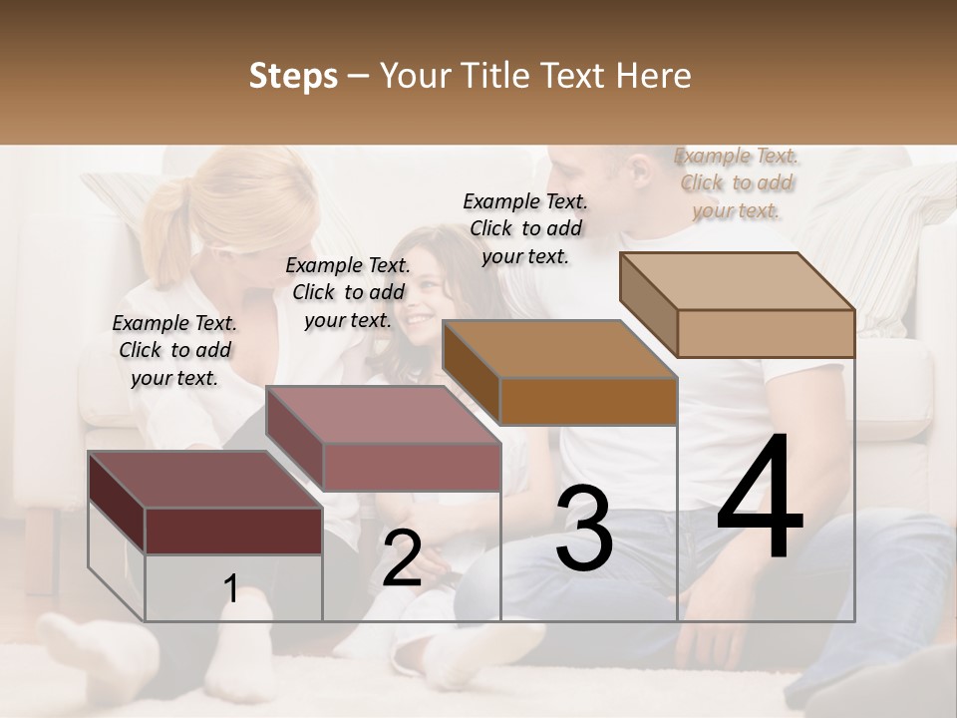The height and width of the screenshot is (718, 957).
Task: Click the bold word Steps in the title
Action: (292, 76)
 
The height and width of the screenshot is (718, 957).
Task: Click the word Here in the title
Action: (651, 76)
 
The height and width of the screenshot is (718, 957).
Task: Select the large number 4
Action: (760, 499)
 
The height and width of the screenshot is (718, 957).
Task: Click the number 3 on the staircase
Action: (584, 530)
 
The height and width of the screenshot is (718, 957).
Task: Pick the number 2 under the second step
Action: (402, 559)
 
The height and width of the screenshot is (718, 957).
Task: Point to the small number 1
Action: (231, 589)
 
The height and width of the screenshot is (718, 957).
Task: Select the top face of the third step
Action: (559, 349)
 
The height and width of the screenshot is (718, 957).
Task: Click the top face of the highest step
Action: (737, 281)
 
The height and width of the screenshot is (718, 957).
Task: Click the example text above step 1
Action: (174, 350)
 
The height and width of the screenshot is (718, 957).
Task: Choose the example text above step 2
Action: (348, 292)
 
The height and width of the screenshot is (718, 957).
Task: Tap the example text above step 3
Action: (525, 228)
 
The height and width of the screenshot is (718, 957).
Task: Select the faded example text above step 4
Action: (737, 182)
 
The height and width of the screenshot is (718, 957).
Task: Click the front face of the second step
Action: (412, 467)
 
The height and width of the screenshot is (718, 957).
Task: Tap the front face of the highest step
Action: (766, 333)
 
